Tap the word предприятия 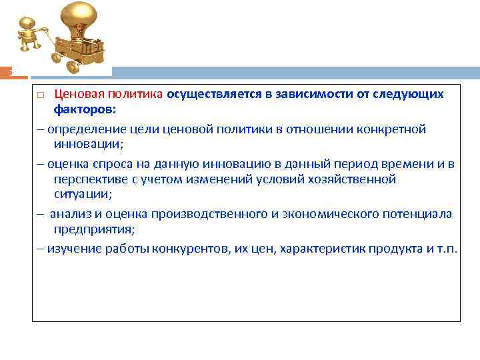click(93, 229)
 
